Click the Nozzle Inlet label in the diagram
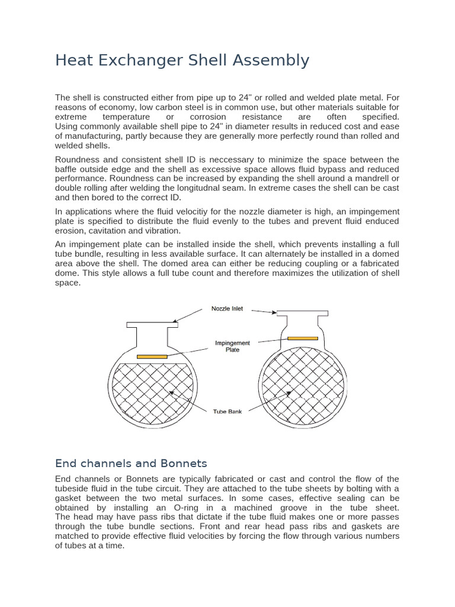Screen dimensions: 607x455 point(227,309)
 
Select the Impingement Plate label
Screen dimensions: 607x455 point(232,346)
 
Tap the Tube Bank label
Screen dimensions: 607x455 point(227,411)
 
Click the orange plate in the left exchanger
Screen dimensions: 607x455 point(152,356)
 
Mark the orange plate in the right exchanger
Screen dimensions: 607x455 point(302,338)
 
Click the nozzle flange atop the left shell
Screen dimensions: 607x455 point(152,324)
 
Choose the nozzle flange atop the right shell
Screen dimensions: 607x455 point(302,312)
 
